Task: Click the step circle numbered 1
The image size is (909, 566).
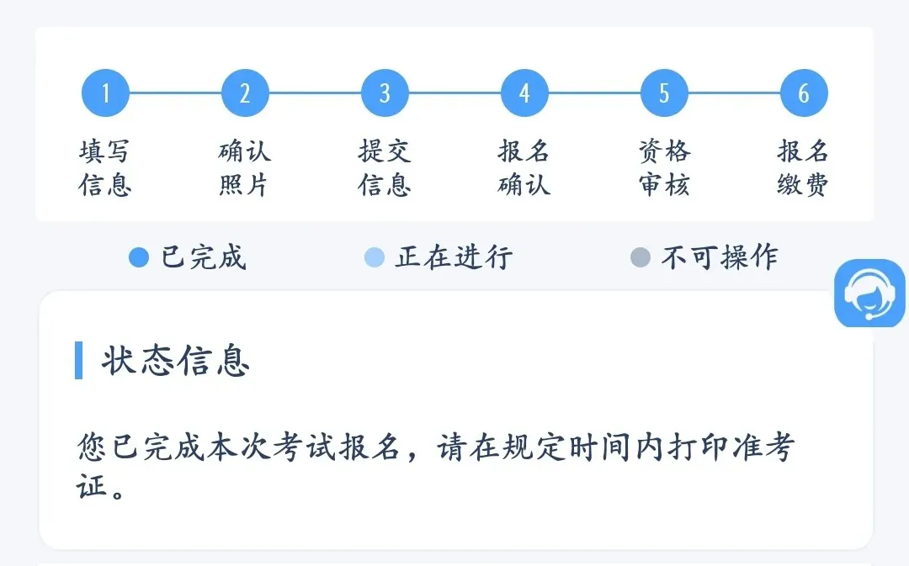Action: click(x=105, y=93)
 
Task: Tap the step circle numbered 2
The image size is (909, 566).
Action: click(x=245, y=93)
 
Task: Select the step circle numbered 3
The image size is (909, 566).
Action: click(x=385, y=93)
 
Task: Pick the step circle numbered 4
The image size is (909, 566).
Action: click(x=524, y=93)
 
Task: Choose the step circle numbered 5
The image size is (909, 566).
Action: click(x=664, y=93)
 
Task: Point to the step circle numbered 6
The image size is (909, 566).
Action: click(x=804, y=93)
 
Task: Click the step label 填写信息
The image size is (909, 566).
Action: click(x=105, y=168)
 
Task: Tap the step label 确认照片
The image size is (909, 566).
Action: click(x=245, y=168)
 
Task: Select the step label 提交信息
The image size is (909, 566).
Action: click(x=385, y=168)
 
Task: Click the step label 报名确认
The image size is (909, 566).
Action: click(x=524, y=168)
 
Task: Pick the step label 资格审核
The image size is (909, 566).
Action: click(x=664, y=168)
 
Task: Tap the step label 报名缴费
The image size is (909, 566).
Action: click(x=804, y=168)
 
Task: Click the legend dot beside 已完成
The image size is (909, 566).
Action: click(x=139, y=257)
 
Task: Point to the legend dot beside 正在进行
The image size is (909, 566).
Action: click(x=375, y=257)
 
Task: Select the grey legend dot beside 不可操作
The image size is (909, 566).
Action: click(x=641, y=257)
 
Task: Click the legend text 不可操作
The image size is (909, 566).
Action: click(x=720, y=257)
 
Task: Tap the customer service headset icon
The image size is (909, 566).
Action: click(x=869, y=294)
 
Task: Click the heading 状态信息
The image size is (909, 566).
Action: click(x=176, y=361)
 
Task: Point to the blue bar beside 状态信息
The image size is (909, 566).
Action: click(x=79, y=361)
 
